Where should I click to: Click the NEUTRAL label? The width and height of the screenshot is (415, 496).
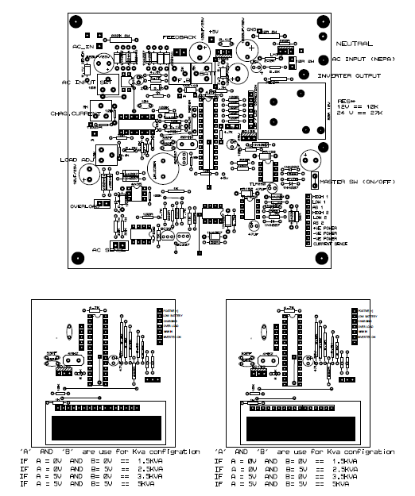click(x=354, y=43)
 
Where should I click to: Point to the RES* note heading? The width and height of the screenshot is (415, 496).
click(x=347, y=102)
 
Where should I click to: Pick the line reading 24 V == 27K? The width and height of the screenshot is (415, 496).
click(x=358, y=114)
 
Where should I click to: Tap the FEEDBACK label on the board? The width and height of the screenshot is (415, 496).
click(x=179, y=37)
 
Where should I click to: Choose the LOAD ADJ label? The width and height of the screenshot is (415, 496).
click(x=76, y=160)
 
